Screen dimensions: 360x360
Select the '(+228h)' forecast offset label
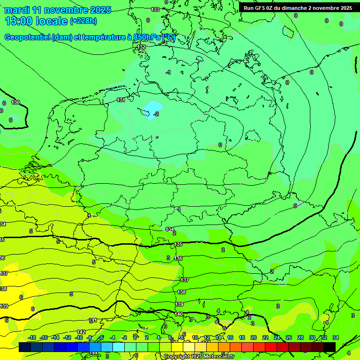point(83,21)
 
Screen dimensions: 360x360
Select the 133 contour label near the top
point(155,9)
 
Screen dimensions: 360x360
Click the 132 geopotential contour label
point(141,47)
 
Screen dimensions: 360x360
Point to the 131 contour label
point(121,100)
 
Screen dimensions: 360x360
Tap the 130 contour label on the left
point(15,102)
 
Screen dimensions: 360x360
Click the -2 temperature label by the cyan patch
point(156,114)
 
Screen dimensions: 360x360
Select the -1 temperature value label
point(168,72)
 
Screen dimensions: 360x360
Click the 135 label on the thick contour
point(179,245)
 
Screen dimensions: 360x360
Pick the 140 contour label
point(179,314)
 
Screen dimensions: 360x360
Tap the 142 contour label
point(81,332)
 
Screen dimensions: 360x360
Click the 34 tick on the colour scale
point(336,337)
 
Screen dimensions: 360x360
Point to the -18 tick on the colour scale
point(32,337)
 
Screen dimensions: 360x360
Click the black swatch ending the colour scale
point(330,347)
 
